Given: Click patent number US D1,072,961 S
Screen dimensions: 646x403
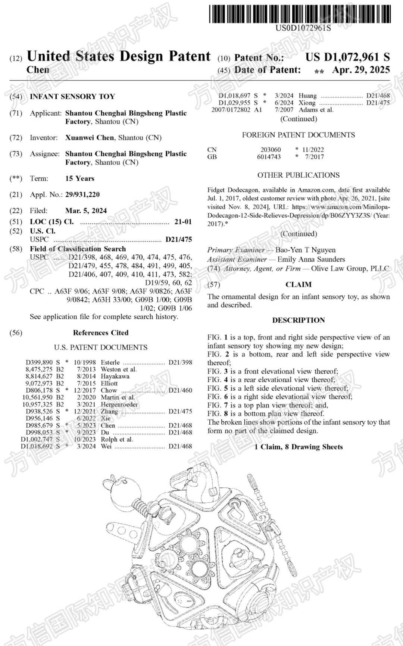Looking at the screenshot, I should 347,57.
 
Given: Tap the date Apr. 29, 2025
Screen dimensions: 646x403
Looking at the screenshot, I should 361,70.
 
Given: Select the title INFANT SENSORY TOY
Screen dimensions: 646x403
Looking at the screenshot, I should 72,97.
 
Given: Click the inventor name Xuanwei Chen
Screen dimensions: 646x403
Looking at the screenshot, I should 90,138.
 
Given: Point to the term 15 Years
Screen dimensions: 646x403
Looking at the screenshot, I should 80,178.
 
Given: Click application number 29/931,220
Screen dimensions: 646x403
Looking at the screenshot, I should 82,194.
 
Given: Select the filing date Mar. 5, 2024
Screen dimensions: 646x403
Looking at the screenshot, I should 86,210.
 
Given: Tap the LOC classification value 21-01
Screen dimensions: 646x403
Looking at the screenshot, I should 183,222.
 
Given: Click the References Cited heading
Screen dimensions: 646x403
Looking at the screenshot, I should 100,333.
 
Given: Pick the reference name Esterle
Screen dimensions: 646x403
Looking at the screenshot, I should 110,362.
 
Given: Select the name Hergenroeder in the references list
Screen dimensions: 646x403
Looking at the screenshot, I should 119,404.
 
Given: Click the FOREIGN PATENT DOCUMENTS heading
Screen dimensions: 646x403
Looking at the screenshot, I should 299,135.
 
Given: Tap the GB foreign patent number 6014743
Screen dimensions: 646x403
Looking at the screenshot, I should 269,157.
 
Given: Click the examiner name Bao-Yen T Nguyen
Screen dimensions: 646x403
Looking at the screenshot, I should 305,250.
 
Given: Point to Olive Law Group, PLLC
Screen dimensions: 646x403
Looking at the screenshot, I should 350,268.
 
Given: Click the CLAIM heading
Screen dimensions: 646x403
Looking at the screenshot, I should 299,284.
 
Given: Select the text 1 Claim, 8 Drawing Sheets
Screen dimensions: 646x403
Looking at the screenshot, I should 299,447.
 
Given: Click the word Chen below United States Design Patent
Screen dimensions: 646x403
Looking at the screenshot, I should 38,70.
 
